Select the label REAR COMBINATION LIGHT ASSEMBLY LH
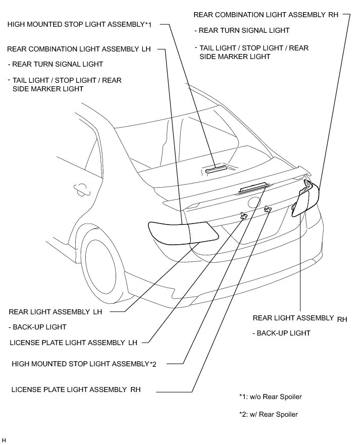(79, 49)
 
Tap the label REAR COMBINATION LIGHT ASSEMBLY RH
(266, 15)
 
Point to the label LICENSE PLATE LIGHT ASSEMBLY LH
(73, 343)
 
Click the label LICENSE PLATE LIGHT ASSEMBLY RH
(75, 390)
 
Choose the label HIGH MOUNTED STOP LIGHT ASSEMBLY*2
(84, 364)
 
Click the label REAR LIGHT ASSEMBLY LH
(55, 312)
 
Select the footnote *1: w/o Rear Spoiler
(270, 397)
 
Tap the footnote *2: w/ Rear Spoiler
(268, 415)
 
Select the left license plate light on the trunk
(244, 215)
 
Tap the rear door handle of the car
(80, 188)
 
